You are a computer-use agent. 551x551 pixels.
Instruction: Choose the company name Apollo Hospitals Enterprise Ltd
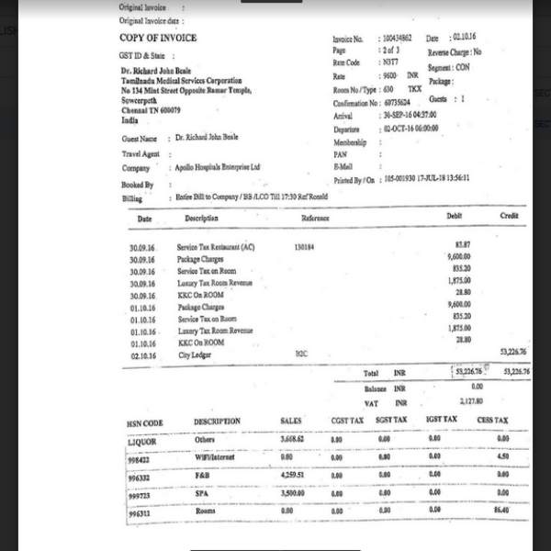(219, 168)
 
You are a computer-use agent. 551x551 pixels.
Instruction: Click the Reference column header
(316, 218)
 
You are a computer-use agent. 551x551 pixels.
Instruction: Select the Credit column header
(509, 216)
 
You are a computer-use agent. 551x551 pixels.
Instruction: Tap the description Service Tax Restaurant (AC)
(215, 247)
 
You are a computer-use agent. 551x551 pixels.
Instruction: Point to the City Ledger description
(196, 354)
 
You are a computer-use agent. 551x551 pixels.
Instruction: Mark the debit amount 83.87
(463, 243)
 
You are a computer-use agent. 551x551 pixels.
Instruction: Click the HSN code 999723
(139, 495)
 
